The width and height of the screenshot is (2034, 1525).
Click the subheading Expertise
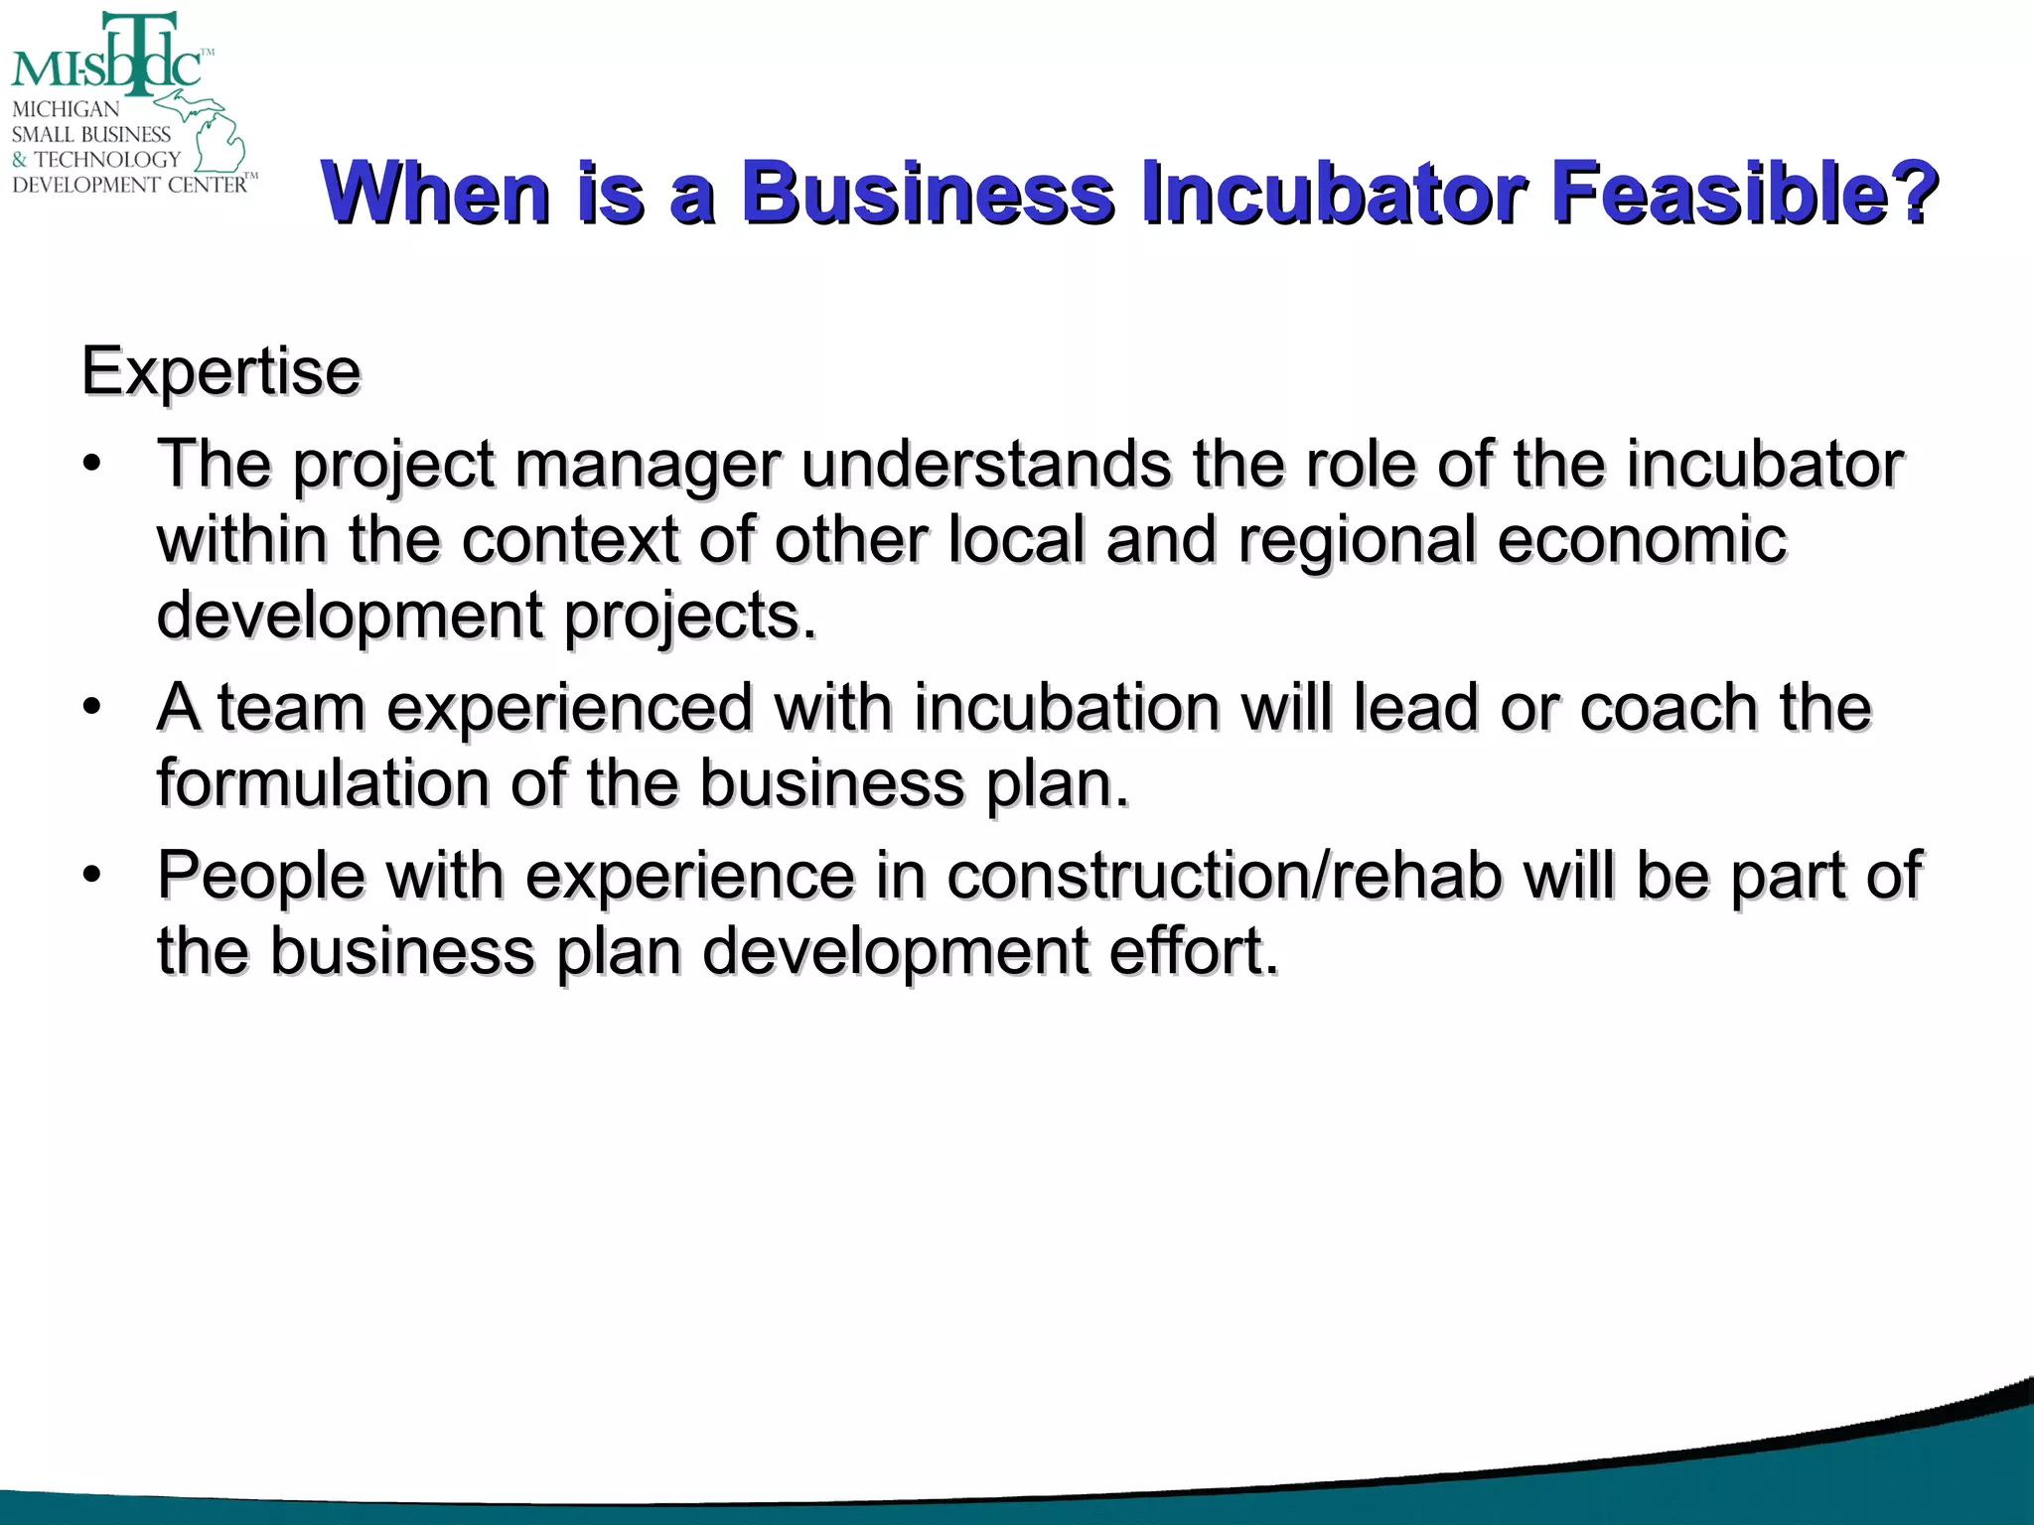coord(220,371)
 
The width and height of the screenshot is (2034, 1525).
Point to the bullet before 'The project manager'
coord(92,464)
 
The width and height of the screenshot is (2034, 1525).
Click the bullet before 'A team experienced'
coord(92,707)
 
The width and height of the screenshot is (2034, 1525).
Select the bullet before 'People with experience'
coord(92,875)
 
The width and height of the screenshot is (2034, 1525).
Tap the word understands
coord(986,464)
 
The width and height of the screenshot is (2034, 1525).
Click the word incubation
coord(1067,708)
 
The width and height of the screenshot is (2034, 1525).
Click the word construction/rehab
coord(1224,876)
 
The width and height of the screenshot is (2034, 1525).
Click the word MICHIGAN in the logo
coord(66,109)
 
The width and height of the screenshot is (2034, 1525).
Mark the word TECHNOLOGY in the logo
coord(107,159)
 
